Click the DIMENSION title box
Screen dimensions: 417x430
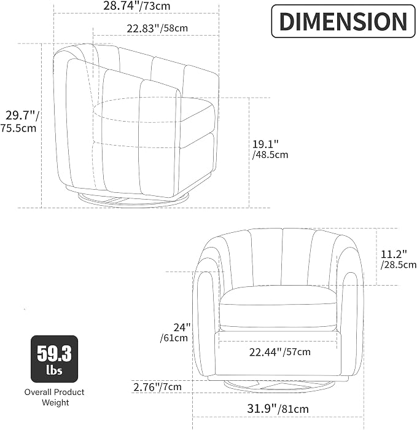(343, 21)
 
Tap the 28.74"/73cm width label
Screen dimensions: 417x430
(136, 6)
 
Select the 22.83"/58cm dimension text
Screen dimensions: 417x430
(157, 28)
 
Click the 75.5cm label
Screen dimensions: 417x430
(18, 128)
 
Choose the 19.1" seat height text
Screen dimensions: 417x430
(265, 144)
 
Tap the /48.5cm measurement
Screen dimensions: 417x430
(270, 155)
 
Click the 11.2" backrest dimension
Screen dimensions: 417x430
(394, 254)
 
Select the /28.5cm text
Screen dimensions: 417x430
(399, 265)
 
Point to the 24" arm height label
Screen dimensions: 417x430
(182, 327)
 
